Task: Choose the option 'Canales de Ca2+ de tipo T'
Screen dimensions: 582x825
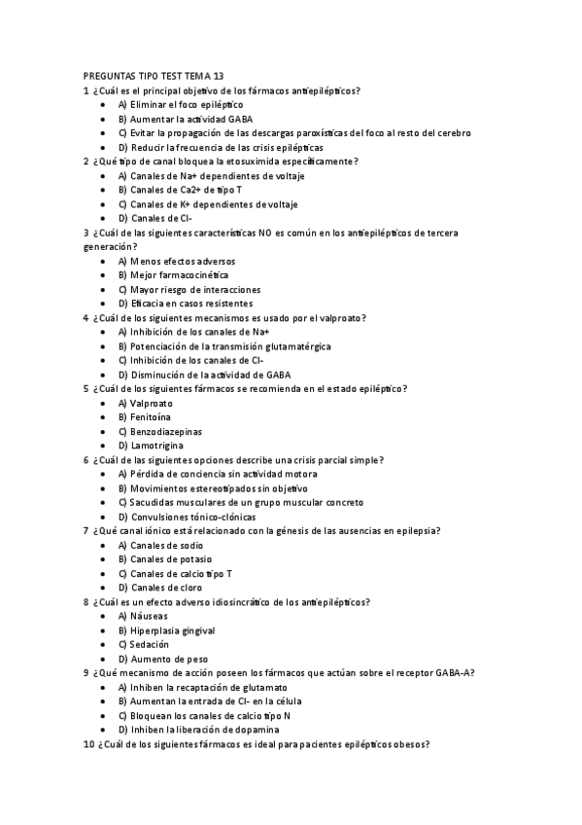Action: click(x=181, y=190)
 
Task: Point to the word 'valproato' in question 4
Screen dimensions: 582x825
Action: click(x=343, y=318)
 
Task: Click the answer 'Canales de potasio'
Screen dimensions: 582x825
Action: click(x=164, y=559)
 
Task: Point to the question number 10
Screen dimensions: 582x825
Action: click(x=88, y=744)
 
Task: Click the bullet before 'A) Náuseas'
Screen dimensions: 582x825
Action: click(x=104, y=617)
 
